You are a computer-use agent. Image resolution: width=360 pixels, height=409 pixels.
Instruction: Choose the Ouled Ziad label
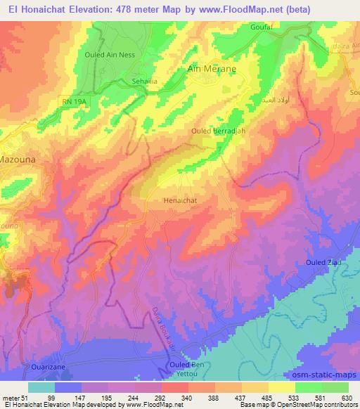click(x=323, y=262)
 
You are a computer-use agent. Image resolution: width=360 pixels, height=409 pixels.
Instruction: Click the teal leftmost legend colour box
click(x=41, y=387)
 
